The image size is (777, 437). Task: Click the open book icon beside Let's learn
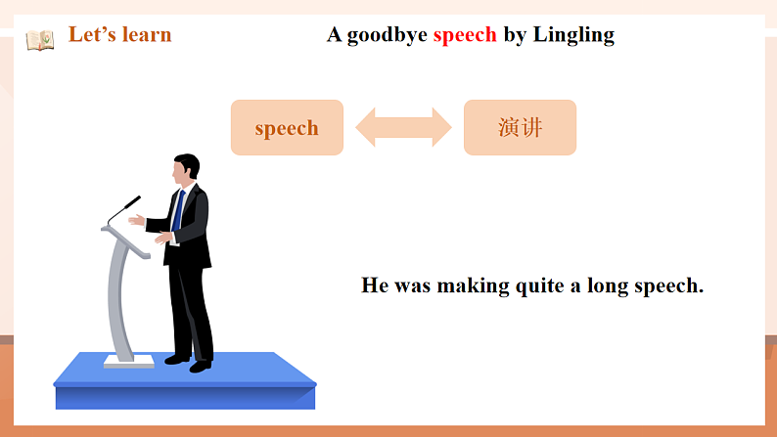[40, 40]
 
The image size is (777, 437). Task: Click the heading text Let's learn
[119, 35]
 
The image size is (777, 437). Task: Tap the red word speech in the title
[465, 35]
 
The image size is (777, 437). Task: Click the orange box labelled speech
[287, 127]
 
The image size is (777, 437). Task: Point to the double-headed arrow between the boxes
[403, 127]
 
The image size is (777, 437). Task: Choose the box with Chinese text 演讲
[520, 127]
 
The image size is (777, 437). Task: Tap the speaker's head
[186, 168]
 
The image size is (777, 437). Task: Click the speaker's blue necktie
[179, 209]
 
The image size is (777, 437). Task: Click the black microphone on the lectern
[124, 207]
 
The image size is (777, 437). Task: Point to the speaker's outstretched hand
[137, 219]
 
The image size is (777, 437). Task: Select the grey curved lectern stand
[119, 293]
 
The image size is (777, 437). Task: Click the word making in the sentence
[473, 286]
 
